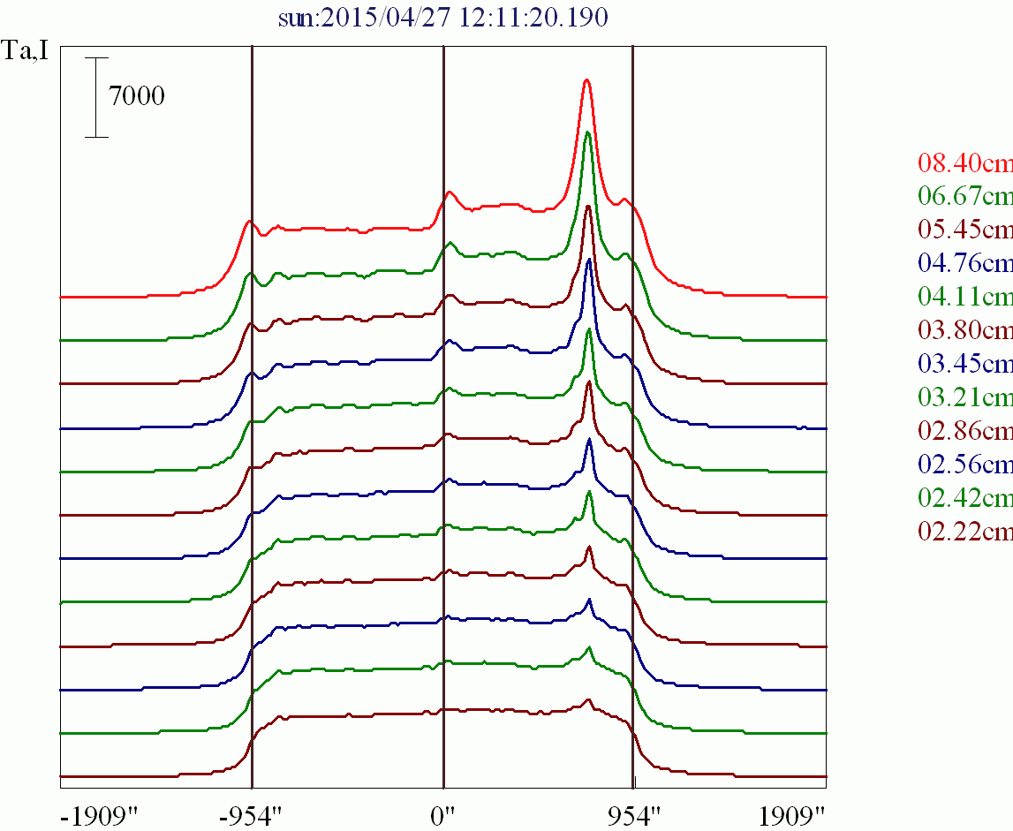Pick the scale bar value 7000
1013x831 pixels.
(x=137, y=95)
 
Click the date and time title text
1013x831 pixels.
(x=442, y=19)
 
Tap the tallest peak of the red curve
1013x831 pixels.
(x=586, y=80)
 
